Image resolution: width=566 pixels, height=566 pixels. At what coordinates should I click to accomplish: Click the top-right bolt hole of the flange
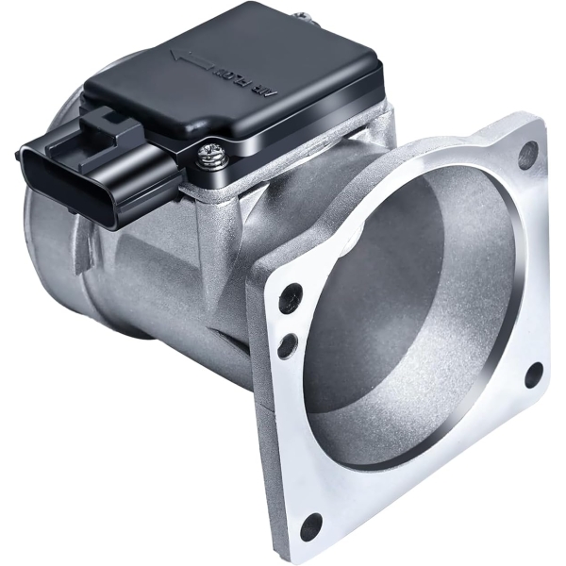528,152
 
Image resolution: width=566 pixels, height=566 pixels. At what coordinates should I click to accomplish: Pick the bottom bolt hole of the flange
310,526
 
